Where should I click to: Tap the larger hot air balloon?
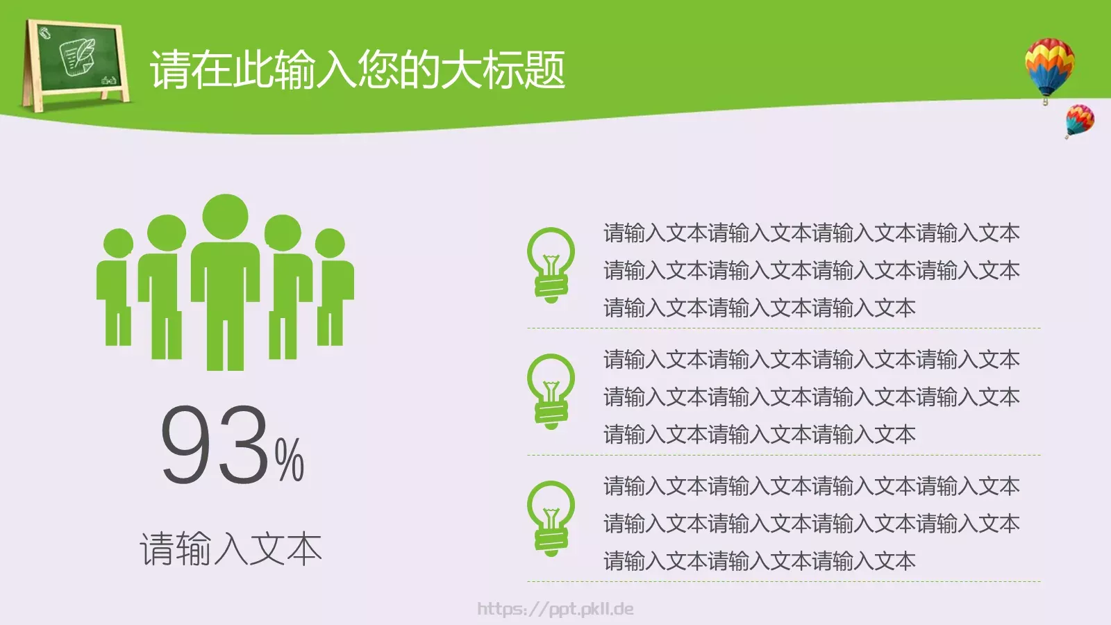(x=1049, y=67)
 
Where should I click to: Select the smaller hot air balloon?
(x=1079, y=119)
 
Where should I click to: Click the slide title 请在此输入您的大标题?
(x=358, y=69)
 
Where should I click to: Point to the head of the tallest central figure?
(x=225, y=217)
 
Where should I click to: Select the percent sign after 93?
(x=289, y=460)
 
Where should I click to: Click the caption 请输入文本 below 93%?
(x=231, y=549)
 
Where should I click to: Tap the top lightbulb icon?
(x=551, y=264)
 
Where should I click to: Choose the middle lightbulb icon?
(x=551, y=391)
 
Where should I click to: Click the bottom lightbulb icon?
(x=551, y=518)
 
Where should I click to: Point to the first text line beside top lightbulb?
(x=811, y=233)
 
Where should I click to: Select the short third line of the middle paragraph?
(x=759, y=435)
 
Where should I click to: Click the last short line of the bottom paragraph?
(x=759, y=561)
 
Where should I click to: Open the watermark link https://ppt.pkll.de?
(x=555, y=609)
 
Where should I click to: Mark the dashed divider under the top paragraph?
(x=783, y=328)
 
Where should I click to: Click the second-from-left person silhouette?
(x=166, y=285)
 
